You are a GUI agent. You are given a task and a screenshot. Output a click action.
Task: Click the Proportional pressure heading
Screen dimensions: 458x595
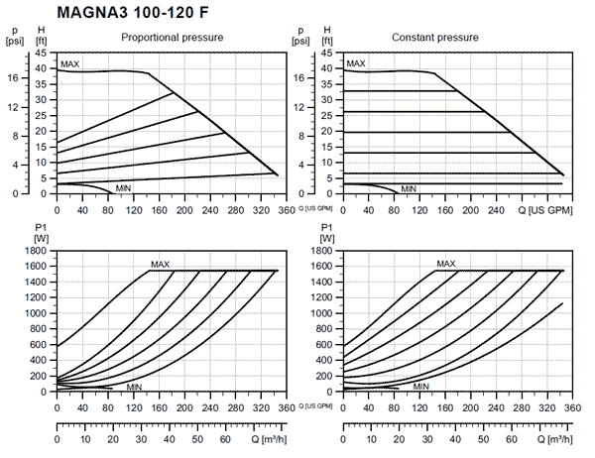tap(172, 38)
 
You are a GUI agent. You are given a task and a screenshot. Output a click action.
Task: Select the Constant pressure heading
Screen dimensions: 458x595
tap(435, 38)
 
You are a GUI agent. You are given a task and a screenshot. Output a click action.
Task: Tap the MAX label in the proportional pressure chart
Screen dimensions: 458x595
tap(69, 64)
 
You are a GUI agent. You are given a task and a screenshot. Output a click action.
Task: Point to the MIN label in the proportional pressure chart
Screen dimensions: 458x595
tap(124, 187)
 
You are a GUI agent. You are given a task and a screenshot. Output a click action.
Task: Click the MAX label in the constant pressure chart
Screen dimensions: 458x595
tap(355, 64)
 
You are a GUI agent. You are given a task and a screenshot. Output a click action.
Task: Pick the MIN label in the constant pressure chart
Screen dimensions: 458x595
tap(409, 188)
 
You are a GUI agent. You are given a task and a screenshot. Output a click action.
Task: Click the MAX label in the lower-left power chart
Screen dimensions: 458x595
tap(160, 264)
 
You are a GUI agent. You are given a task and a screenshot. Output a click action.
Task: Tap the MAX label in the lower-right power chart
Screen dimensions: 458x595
tap(446, 264)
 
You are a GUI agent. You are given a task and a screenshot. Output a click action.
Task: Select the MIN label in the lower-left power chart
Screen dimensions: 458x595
tap(134, 386)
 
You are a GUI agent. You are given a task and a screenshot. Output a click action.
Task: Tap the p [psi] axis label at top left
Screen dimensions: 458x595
tap(14, 37)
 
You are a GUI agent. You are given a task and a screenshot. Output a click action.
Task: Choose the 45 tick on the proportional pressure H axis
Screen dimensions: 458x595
tap(41, 52)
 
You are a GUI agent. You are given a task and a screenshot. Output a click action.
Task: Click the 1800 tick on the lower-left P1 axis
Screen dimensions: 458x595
tap(36, 250)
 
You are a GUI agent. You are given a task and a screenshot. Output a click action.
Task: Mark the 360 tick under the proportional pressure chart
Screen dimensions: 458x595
tap(285, 209)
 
